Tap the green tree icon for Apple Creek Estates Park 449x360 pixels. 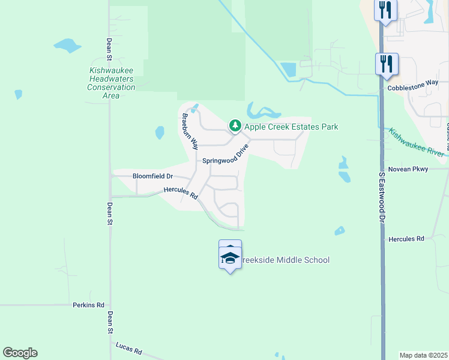click(235, 126)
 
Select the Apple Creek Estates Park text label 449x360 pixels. click(291, 127)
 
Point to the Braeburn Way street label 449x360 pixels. click(190, 131)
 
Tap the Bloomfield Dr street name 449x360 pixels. click(152, 176)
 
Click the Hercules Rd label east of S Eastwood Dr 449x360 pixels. click(406, 239)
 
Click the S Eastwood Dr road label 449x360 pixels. click(381, 198)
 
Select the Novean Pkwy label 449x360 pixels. click(408, 169)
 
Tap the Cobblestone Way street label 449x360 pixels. click(412, 87)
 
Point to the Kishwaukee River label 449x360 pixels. click(417, 143)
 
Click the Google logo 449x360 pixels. click(20, 353)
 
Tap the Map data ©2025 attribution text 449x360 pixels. click(423, 355)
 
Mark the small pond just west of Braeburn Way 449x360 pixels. click(160, 132)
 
